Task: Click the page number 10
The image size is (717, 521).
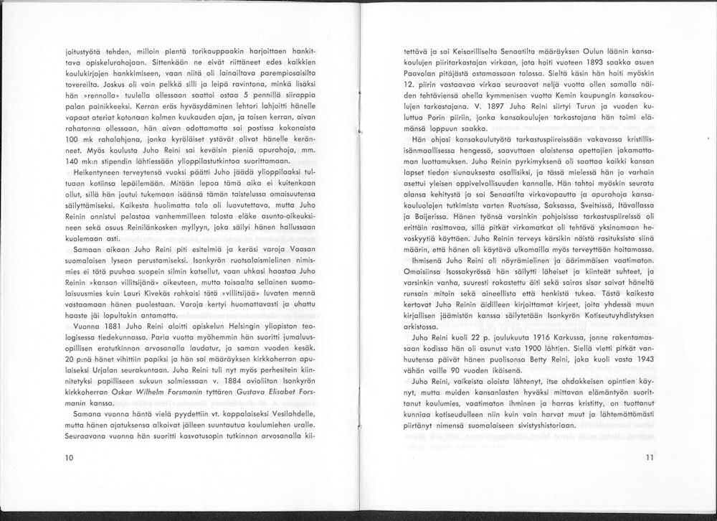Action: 69,457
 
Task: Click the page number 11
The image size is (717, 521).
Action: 650,457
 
